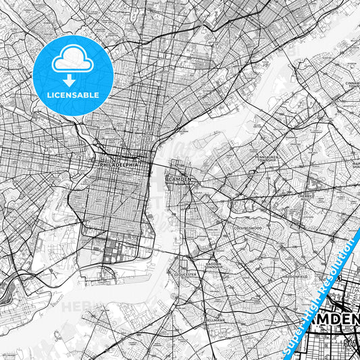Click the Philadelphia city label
pos(118,164)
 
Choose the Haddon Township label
pos(213,265)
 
